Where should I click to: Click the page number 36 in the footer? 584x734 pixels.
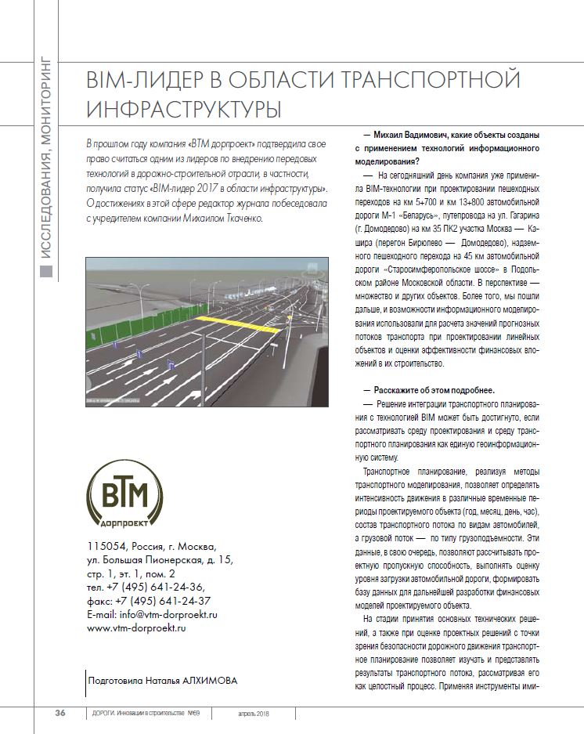(x=59, y=713)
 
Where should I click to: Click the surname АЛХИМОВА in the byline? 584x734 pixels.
(x=207, y=680)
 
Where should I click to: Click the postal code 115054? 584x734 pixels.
(x=106, y=546)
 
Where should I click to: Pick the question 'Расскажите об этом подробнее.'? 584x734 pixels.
(x=429, y=390)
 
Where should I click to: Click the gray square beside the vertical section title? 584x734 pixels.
(x=47, y=271)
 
